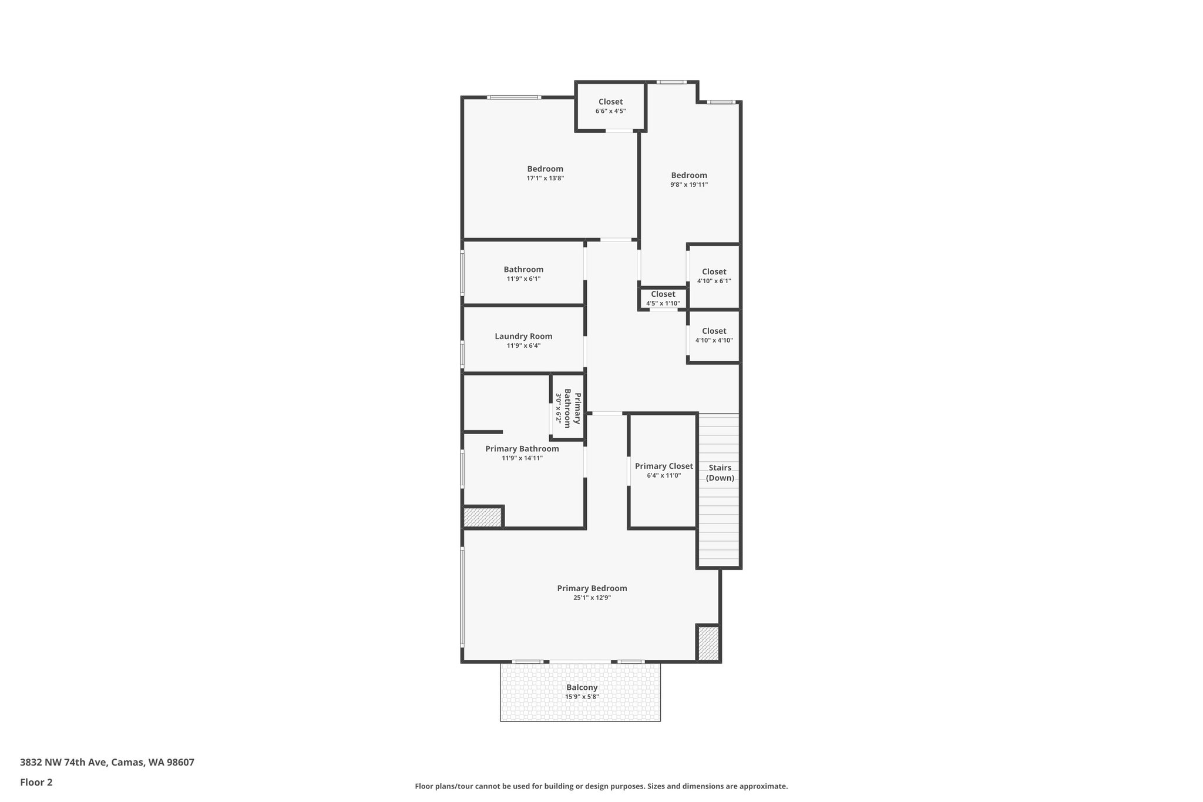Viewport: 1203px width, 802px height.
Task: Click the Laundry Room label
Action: pyautogui.click(x=523, y=336)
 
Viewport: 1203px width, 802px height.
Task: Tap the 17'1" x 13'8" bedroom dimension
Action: pyautogui.click(x=545, y=178)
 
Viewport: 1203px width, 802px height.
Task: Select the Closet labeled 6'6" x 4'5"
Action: pyautogui.click(x=610, y=106)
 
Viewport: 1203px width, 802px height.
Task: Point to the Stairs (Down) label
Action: pyautogui.click(x=720, y=472)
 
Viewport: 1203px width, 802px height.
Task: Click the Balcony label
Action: pyautogui.click(x=582, y=687)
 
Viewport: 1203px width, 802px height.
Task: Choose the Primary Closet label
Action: pyautogui.click(x=664, y=466)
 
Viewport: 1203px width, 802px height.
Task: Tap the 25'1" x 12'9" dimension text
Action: pyautogui.click(x=592, y=598)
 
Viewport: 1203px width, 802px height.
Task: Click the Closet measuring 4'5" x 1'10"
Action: pyautogui.click(x=663, y=298)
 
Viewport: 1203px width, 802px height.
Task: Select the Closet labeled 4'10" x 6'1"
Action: pyautogui.click(x=714, y=276)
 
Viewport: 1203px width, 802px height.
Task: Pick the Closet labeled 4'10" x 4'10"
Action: pyautogui.click(x=714, y=335)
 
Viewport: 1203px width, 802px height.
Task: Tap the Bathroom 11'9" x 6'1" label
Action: pyautogui.click(x=523, y=274)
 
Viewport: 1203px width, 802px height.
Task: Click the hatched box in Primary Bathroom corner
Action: pyautogui.click(x=482, y=518)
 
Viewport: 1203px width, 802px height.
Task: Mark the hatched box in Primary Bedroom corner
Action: pyautogui.click(x=708, y=643)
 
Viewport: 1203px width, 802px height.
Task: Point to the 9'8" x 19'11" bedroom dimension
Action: pyautogui.click(x=689, y=184)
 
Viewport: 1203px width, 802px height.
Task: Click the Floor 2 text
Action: pyautogui.click(x=36, y=782)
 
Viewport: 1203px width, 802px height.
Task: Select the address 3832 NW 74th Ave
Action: pyautogui.click(x=107, y=763)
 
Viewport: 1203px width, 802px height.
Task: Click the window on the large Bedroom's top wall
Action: pyautogui.click(x=514, y=97)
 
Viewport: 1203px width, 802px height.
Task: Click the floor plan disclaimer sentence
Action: pyautogui.click(x=601, y=786)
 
